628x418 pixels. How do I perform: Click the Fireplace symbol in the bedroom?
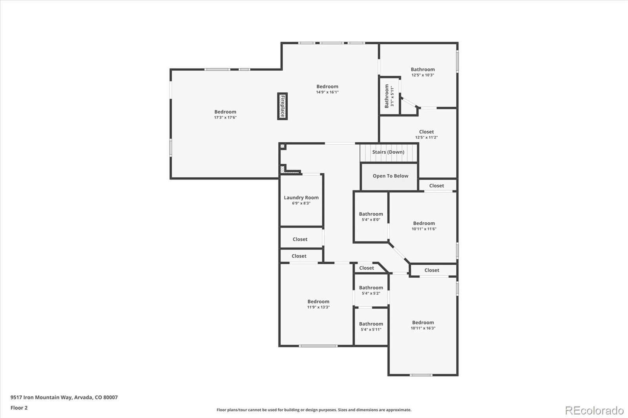click(x=282, y=106)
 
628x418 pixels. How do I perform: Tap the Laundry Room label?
click(x=301, y=198)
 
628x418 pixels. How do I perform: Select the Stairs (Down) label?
click(x=388, y=152)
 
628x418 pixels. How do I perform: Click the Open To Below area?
click(x=390, y=176)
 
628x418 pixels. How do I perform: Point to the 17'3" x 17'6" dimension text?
click(x=225, y=118)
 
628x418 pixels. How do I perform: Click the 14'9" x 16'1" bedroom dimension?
click(x=327, y=92)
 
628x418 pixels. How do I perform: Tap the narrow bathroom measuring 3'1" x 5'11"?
click(x=389, y=96)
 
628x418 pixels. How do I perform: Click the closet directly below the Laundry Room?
click(x=300, y=239)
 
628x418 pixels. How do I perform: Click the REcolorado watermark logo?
click(x=594, y=411)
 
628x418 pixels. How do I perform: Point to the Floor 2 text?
click(x=19, y=408)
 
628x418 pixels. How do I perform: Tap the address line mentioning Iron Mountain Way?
click(x=64, y=397)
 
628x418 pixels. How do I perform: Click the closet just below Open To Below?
click(x=436, y=186)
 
